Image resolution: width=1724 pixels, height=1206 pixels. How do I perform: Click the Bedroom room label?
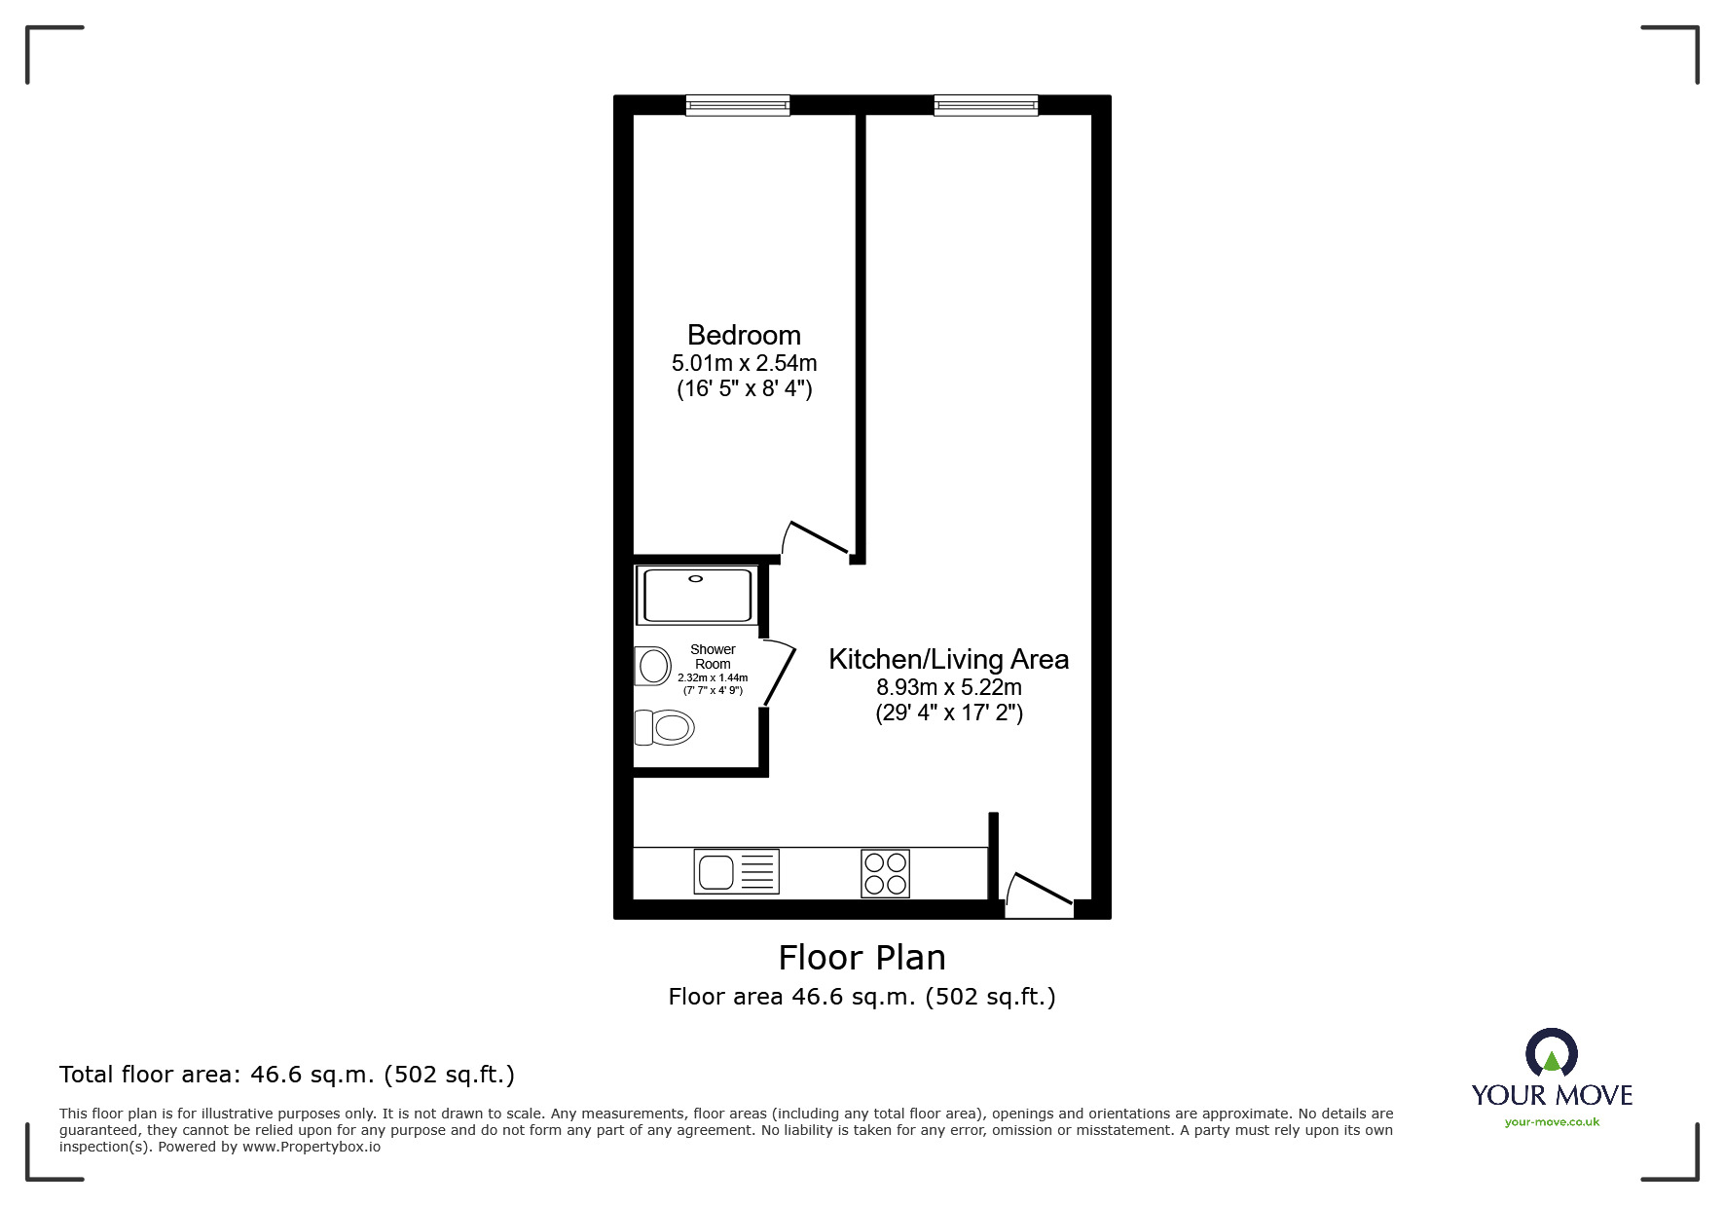744,335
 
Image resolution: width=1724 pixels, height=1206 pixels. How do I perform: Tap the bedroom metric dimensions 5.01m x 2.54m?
744,363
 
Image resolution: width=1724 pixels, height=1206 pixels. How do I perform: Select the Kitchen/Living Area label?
948,659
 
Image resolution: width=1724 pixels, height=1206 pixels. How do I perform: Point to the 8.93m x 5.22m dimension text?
948,686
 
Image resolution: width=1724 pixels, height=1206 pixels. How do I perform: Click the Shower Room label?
713,656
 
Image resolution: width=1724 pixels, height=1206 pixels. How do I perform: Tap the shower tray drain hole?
695,578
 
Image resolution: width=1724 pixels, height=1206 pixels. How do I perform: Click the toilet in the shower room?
664,727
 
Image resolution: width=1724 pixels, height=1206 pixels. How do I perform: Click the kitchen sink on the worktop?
736,871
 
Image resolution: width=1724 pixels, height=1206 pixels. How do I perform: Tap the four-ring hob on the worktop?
885,873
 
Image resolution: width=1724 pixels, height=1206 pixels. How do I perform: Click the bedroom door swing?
816,540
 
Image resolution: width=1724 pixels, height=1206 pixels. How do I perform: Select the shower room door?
778,671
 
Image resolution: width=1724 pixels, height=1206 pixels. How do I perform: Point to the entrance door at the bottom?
1038,895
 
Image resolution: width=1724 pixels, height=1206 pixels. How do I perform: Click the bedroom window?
738,105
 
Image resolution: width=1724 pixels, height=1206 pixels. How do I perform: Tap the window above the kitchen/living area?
986,105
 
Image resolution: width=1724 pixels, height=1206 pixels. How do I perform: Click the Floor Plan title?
862,958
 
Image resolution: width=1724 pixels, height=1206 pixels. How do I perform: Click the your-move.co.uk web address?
1552,1122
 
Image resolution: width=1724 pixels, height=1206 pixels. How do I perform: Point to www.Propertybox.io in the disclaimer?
312,1147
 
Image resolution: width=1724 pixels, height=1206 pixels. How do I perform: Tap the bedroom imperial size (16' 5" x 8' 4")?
744,389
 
